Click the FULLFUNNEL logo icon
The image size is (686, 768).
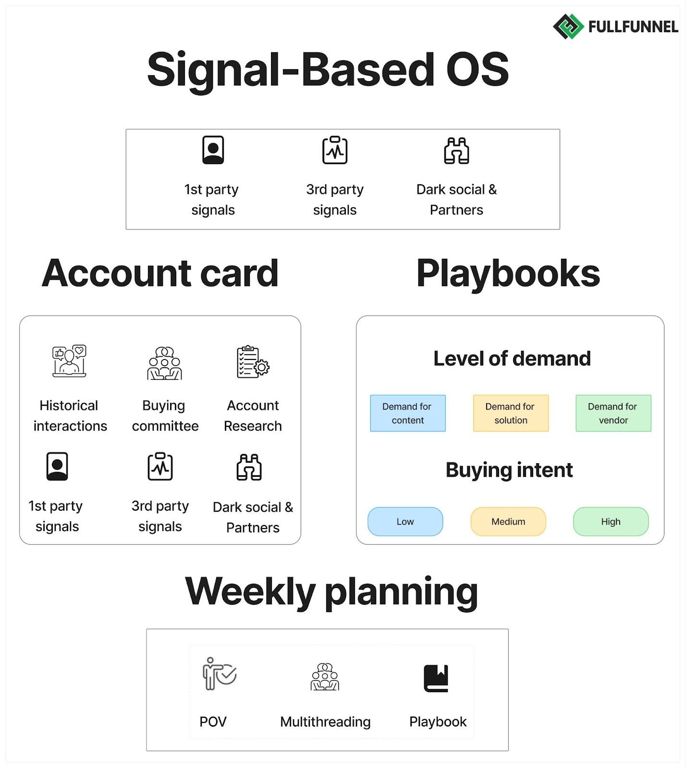click(x=568, y=26)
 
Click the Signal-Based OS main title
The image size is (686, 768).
click(x=328, y=70)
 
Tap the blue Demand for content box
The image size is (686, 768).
click(x=407, y=413)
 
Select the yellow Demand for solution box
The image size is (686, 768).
click(x=510, y=413)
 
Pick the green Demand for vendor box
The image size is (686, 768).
click(x=613, y=413)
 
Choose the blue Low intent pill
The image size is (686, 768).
click(x=405, y=521)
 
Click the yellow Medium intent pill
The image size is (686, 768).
click(x=508, y=521)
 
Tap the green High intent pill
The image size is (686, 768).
click(x=611, y=521)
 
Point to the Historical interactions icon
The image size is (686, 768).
click(x=69, y=361)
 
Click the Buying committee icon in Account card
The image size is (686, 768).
click(x=164, y=363)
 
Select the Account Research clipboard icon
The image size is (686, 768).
click(x=253, y=362)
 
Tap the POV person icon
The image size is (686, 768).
click(x=219, y=673)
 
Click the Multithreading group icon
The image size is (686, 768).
click(x=325, y=677)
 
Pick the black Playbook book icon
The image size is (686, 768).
click(x=436, y=678)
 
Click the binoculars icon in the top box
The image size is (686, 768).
click(x=456, y=151)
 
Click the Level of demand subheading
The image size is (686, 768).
click(x=512, y=359)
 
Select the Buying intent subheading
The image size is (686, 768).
click(x=509, y=470)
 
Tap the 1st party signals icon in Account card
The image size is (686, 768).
click(x=57, y=466)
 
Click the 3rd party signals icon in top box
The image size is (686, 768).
click(x=335, y=150)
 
